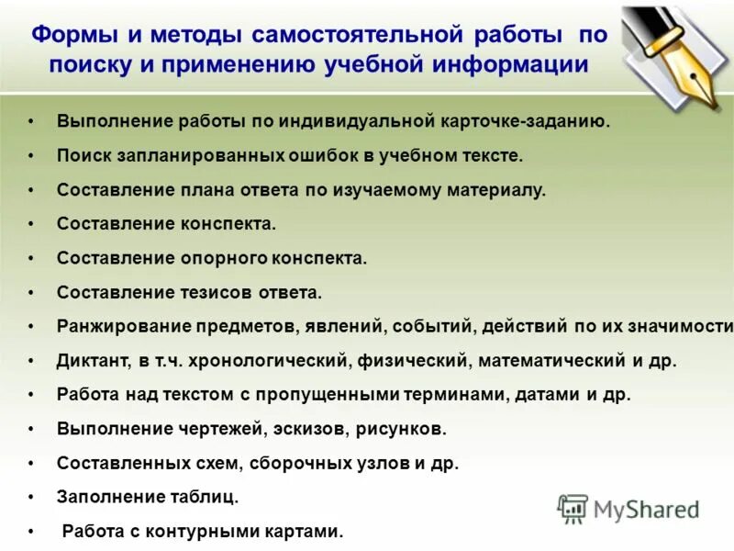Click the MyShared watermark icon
tap(573, 509)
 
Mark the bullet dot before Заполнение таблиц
tap(31, 497)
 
